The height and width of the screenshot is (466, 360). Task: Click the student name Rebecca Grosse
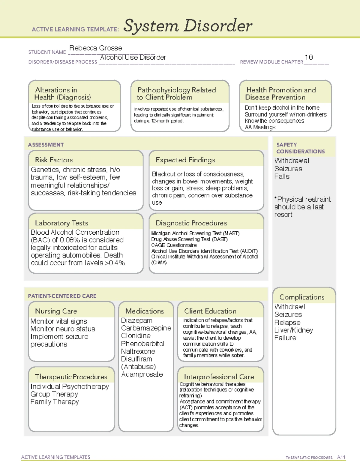pos(96,48)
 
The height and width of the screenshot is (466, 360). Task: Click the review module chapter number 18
pos(309,57)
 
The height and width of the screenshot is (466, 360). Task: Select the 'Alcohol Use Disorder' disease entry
pos(133,57)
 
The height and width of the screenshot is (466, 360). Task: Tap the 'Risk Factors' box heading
pos(54,160)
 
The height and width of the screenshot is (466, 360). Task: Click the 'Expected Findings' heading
pos(185,160)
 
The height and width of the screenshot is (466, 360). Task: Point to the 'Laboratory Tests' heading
pos(61,223)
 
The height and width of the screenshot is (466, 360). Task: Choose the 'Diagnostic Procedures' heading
pos(191,223)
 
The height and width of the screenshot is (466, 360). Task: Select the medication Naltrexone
pos(138,351)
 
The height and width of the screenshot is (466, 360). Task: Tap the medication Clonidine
pos(136,336)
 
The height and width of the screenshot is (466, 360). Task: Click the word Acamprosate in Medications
pos(142,374)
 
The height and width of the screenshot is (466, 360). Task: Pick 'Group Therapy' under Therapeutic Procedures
pos(54,394)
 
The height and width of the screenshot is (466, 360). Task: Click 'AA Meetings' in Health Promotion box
pos(260,127)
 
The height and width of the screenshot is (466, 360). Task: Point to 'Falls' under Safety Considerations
pos(282,176)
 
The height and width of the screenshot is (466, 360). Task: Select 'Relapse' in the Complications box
pos(287,322)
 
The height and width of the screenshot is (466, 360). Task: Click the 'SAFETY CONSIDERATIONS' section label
pos(300,148)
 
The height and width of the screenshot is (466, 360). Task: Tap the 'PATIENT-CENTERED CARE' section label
pos(62,296)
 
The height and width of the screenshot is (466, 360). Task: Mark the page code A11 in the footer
pos(341,457)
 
